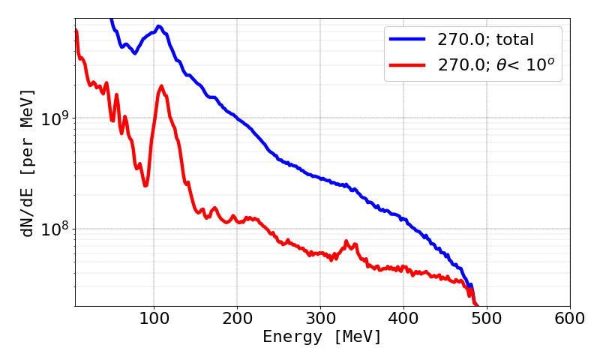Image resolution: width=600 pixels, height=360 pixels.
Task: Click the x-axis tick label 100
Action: coord(154,318)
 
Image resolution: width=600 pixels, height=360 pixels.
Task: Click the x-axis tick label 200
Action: coord(237,318)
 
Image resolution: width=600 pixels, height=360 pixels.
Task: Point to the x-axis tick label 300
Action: coord(320,318)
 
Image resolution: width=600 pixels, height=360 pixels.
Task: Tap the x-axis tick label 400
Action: coord(403,318)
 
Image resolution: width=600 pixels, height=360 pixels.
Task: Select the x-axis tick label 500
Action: coord(487,318)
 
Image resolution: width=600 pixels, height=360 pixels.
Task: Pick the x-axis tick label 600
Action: coord(570,318)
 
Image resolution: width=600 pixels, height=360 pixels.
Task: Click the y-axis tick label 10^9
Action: coord(53,118)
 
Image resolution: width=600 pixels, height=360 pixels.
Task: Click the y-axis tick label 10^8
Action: coord(53,228)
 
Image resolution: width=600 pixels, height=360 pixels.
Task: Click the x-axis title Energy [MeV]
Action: coord(322,338)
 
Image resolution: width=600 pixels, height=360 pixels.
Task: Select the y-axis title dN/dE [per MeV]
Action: coord(28,163)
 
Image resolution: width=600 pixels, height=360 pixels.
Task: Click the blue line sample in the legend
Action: coord(408,38)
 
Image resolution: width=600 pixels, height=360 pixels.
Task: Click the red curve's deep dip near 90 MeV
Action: coord(145,185)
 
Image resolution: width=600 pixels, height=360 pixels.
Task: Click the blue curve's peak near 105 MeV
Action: coord(158,26)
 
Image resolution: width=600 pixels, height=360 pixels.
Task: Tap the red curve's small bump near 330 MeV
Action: coord(346,241)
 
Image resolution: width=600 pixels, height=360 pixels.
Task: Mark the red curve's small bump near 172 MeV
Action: coord(214,208)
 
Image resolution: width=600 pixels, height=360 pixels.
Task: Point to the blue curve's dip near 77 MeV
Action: coord(135,53)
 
